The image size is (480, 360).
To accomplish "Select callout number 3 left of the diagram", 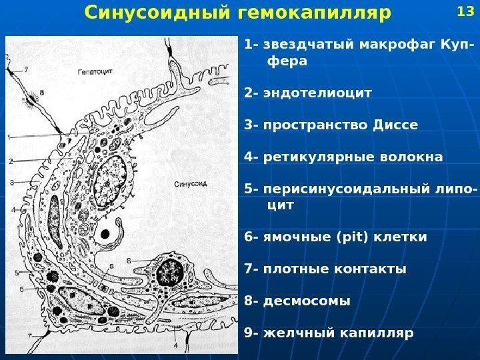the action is pos(11,182).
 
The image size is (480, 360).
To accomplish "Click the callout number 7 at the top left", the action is pos(26,68).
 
